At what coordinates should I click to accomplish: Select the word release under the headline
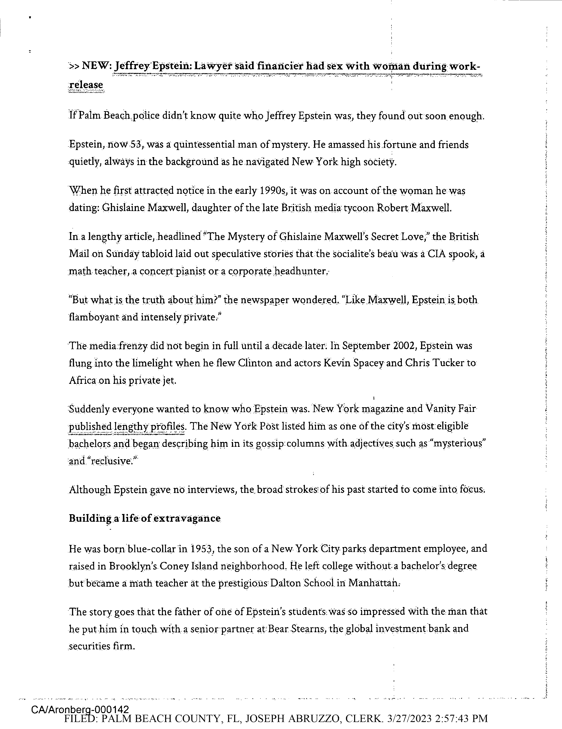pos(86,85)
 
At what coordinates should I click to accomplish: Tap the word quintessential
pos(205,145)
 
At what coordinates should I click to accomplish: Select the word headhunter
pos(302,271)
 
